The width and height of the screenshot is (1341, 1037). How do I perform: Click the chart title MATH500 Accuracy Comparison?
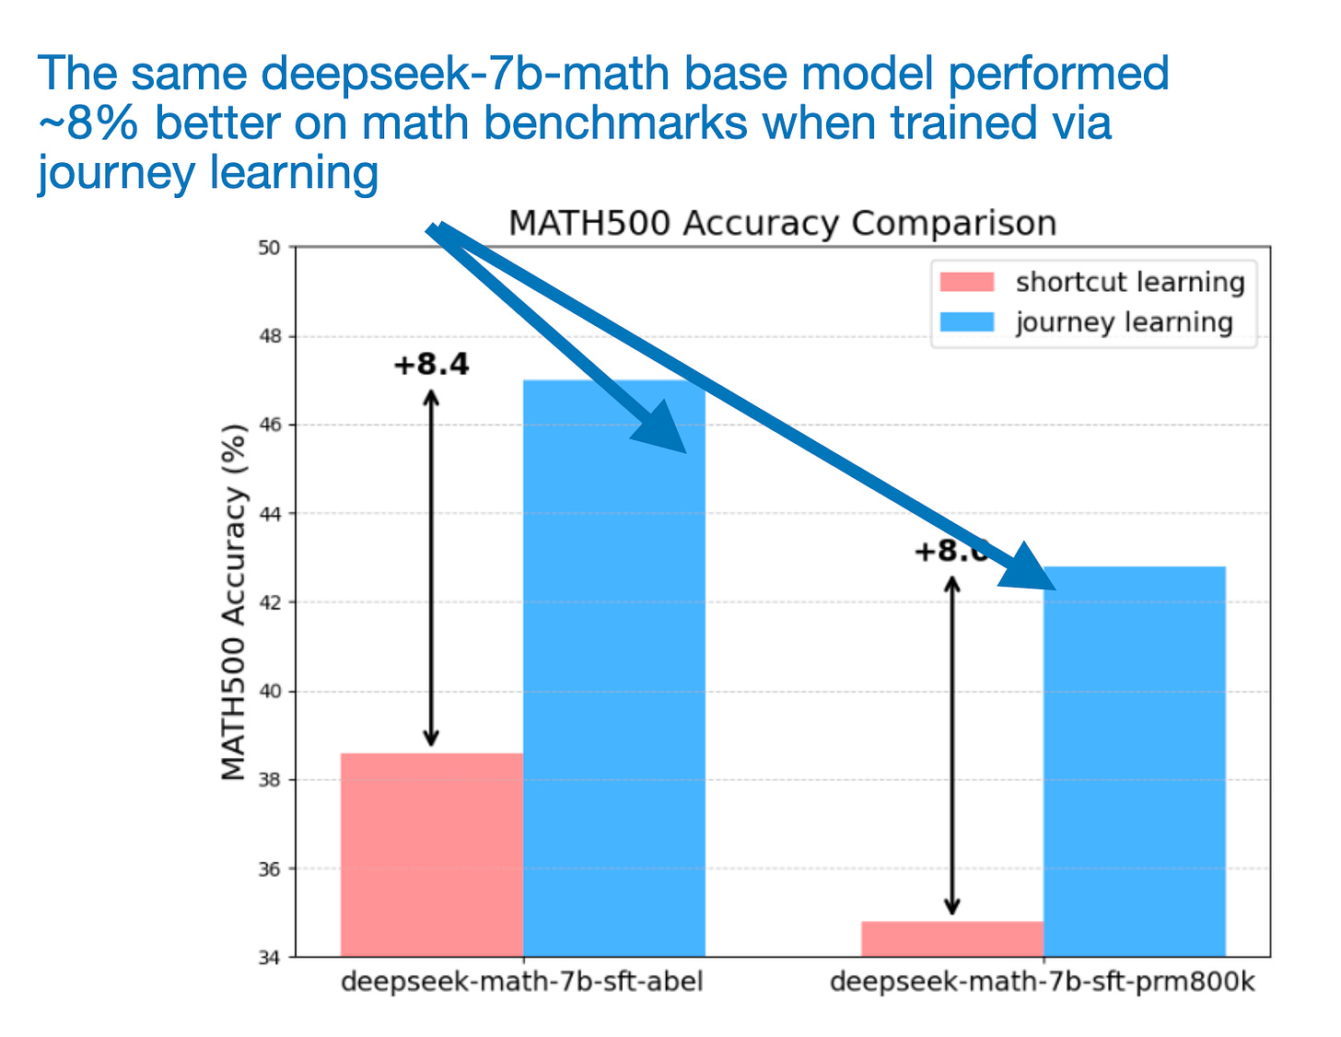782,224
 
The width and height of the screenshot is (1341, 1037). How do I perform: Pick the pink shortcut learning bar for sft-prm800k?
951,938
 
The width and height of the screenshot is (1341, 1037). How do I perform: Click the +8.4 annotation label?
431,365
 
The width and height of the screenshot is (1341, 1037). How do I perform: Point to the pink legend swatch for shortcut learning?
966,282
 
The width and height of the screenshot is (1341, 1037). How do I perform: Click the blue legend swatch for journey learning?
966,322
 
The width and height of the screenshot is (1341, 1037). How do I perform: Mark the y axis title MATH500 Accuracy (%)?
235,602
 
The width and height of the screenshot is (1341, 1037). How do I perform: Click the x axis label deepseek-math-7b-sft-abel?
521,982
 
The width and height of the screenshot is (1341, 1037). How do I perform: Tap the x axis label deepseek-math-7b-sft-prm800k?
1042,982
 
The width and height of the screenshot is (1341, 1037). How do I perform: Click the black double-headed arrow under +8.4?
431,567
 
